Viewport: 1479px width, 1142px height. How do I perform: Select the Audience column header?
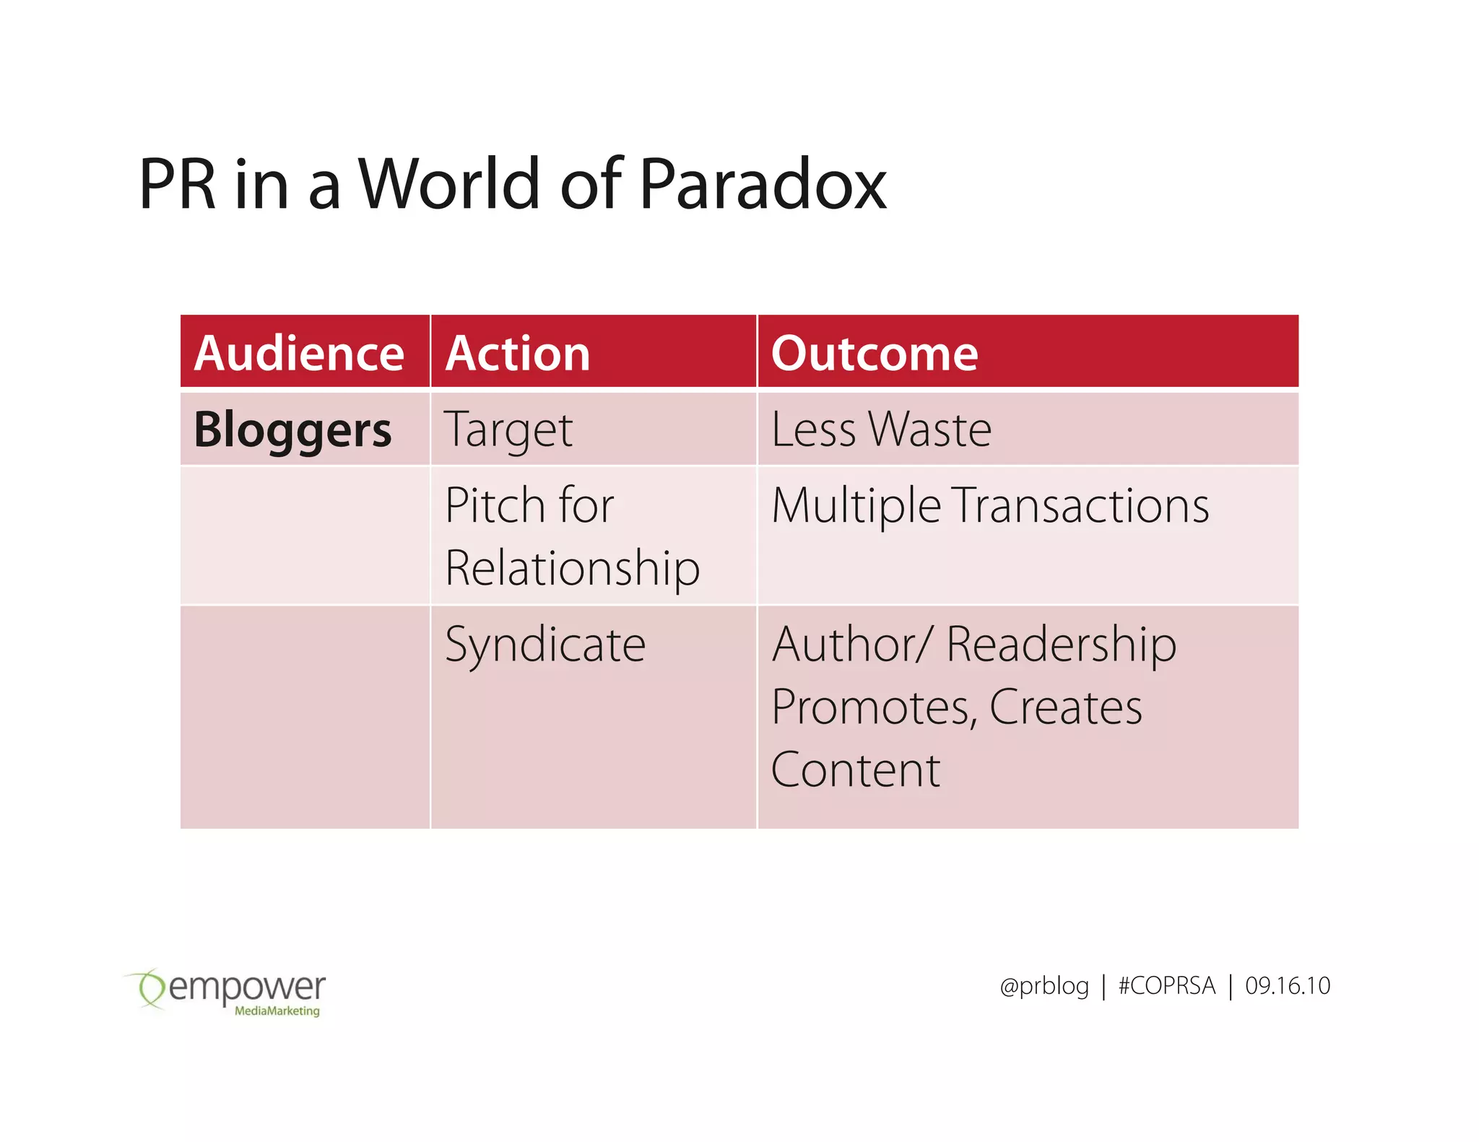[299, 354]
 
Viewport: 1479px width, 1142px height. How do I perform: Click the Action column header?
[518, 354]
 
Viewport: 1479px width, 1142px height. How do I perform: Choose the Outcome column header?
[875, 354]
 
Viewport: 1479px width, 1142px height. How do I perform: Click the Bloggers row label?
[292, 430]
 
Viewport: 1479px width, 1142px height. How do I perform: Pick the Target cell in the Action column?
[508, 430]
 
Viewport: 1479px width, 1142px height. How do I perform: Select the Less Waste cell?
[881, 430]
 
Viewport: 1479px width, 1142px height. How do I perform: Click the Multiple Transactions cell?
[990, 505]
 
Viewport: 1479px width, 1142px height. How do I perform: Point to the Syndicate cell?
[545, 645]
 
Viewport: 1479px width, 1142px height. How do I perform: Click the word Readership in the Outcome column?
[1061, 645]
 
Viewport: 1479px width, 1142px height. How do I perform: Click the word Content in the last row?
[856, 770]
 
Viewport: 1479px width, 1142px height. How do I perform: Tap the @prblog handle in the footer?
[1044, 986]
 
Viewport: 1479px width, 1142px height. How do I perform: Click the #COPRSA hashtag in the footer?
[1166, 986]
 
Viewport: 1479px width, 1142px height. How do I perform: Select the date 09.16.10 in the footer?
[1287, 986]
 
